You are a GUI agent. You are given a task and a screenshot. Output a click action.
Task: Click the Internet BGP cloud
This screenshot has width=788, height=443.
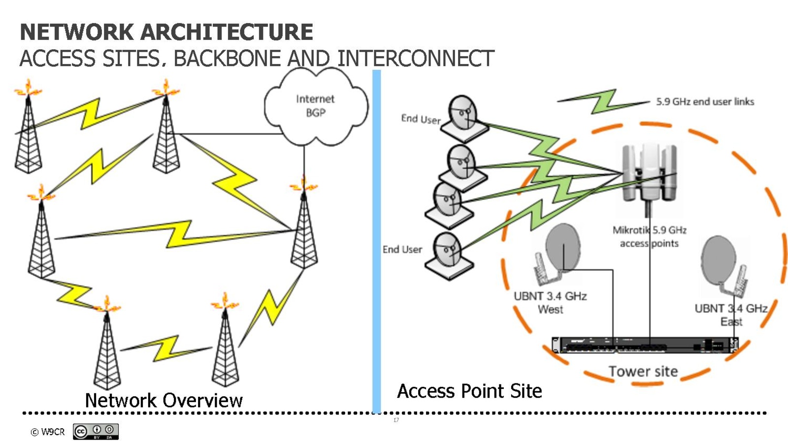pos(315,106)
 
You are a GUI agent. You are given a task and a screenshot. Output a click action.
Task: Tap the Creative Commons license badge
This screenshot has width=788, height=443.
pos(96,432)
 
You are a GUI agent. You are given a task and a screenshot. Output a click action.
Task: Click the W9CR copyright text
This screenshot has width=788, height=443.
pos(48,432)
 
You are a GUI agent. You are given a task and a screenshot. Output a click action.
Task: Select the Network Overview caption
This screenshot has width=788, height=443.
pos(164,401)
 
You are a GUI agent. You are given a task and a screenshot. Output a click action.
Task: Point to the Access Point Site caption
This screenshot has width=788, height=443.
pos(469,391)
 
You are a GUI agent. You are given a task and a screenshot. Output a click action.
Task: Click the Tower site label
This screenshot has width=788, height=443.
pos(643,372)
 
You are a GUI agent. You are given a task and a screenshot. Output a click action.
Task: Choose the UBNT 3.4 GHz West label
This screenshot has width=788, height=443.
pos(550,303)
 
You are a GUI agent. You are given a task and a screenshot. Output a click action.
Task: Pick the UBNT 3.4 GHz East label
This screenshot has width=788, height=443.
pos(731,315)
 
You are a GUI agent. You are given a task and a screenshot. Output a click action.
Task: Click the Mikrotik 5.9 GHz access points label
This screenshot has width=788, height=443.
pos(649,237)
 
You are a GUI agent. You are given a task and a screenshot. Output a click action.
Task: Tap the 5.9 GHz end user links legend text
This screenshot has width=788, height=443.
pos(705,102)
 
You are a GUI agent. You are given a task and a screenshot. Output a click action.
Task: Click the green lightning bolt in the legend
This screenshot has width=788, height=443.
pos(603,101)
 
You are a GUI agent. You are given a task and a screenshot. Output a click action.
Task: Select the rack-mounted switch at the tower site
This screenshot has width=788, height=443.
pos(645,345)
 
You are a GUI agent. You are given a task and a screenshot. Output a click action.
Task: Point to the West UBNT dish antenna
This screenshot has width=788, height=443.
pos(559,253)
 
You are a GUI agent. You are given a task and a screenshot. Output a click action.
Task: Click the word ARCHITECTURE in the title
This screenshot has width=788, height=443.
pos(227,32)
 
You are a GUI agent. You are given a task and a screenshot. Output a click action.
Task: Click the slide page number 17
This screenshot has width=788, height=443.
pos(396,420)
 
